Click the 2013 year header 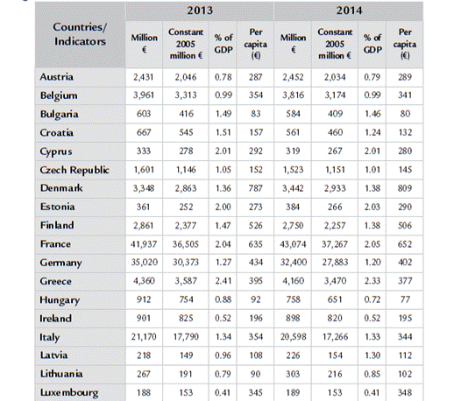point(200,11)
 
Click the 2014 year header point(349,11)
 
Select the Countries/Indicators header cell point(80,34)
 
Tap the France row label point(55,243)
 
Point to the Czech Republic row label point(74,170)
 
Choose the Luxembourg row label point(69,392)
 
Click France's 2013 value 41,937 point(144,244)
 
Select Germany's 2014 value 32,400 point(294,263)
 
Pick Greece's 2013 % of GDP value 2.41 point(223,281)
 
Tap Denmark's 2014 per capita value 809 point(405,188)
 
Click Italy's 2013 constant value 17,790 point(186,337)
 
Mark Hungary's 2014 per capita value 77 point(405,299)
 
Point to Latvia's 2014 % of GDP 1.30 point(372,355)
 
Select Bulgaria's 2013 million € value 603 point(144,114)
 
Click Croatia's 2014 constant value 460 point(335,132)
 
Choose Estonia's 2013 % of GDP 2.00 point(223,207)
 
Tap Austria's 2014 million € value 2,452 point(293,77)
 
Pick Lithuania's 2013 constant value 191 point(186,374)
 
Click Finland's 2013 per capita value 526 point(256,225)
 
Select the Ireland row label point(55,318)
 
